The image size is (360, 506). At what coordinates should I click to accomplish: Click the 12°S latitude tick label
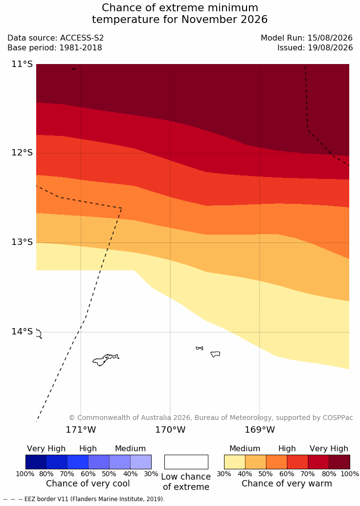coord(22,153)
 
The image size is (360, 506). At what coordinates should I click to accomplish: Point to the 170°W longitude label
coord(171,430)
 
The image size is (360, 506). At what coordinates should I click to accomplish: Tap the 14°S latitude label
coord(22,331)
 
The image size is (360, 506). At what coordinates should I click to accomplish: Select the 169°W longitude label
coord(260,430)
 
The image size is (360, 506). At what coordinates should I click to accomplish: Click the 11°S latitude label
coord(22,64)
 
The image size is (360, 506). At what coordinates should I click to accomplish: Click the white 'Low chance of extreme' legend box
coord(186,462)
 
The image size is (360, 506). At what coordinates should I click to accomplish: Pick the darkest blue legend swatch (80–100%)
coord(36,462)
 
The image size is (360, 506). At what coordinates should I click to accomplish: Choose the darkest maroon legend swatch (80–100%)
coord(339,462)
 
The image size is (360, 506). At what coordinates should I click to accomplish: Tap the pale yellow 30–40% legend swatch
coord(235,462)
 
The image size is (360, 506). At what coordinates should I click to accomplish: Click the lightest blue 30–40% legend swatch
coord(141,462)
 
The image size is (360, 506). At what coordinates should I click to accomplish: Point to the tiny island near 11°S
coord(74,69)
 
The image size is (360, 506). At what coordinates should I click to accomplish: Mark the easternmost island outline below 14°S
coord(215,354)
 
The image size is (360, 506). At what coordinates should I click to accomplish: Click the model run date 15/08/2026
coord(330,38)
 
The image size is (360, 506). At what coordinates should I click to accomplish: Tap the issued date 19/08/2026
coord(330,48)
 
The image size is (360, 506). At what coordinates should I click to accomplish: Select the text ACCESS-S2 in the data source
coord(82,38)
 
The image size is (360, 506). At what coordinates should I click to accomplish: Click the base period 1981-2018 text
coord(80,48)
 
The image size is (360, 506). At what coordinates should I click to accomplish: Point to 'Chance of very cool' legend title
coord(88,484)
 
